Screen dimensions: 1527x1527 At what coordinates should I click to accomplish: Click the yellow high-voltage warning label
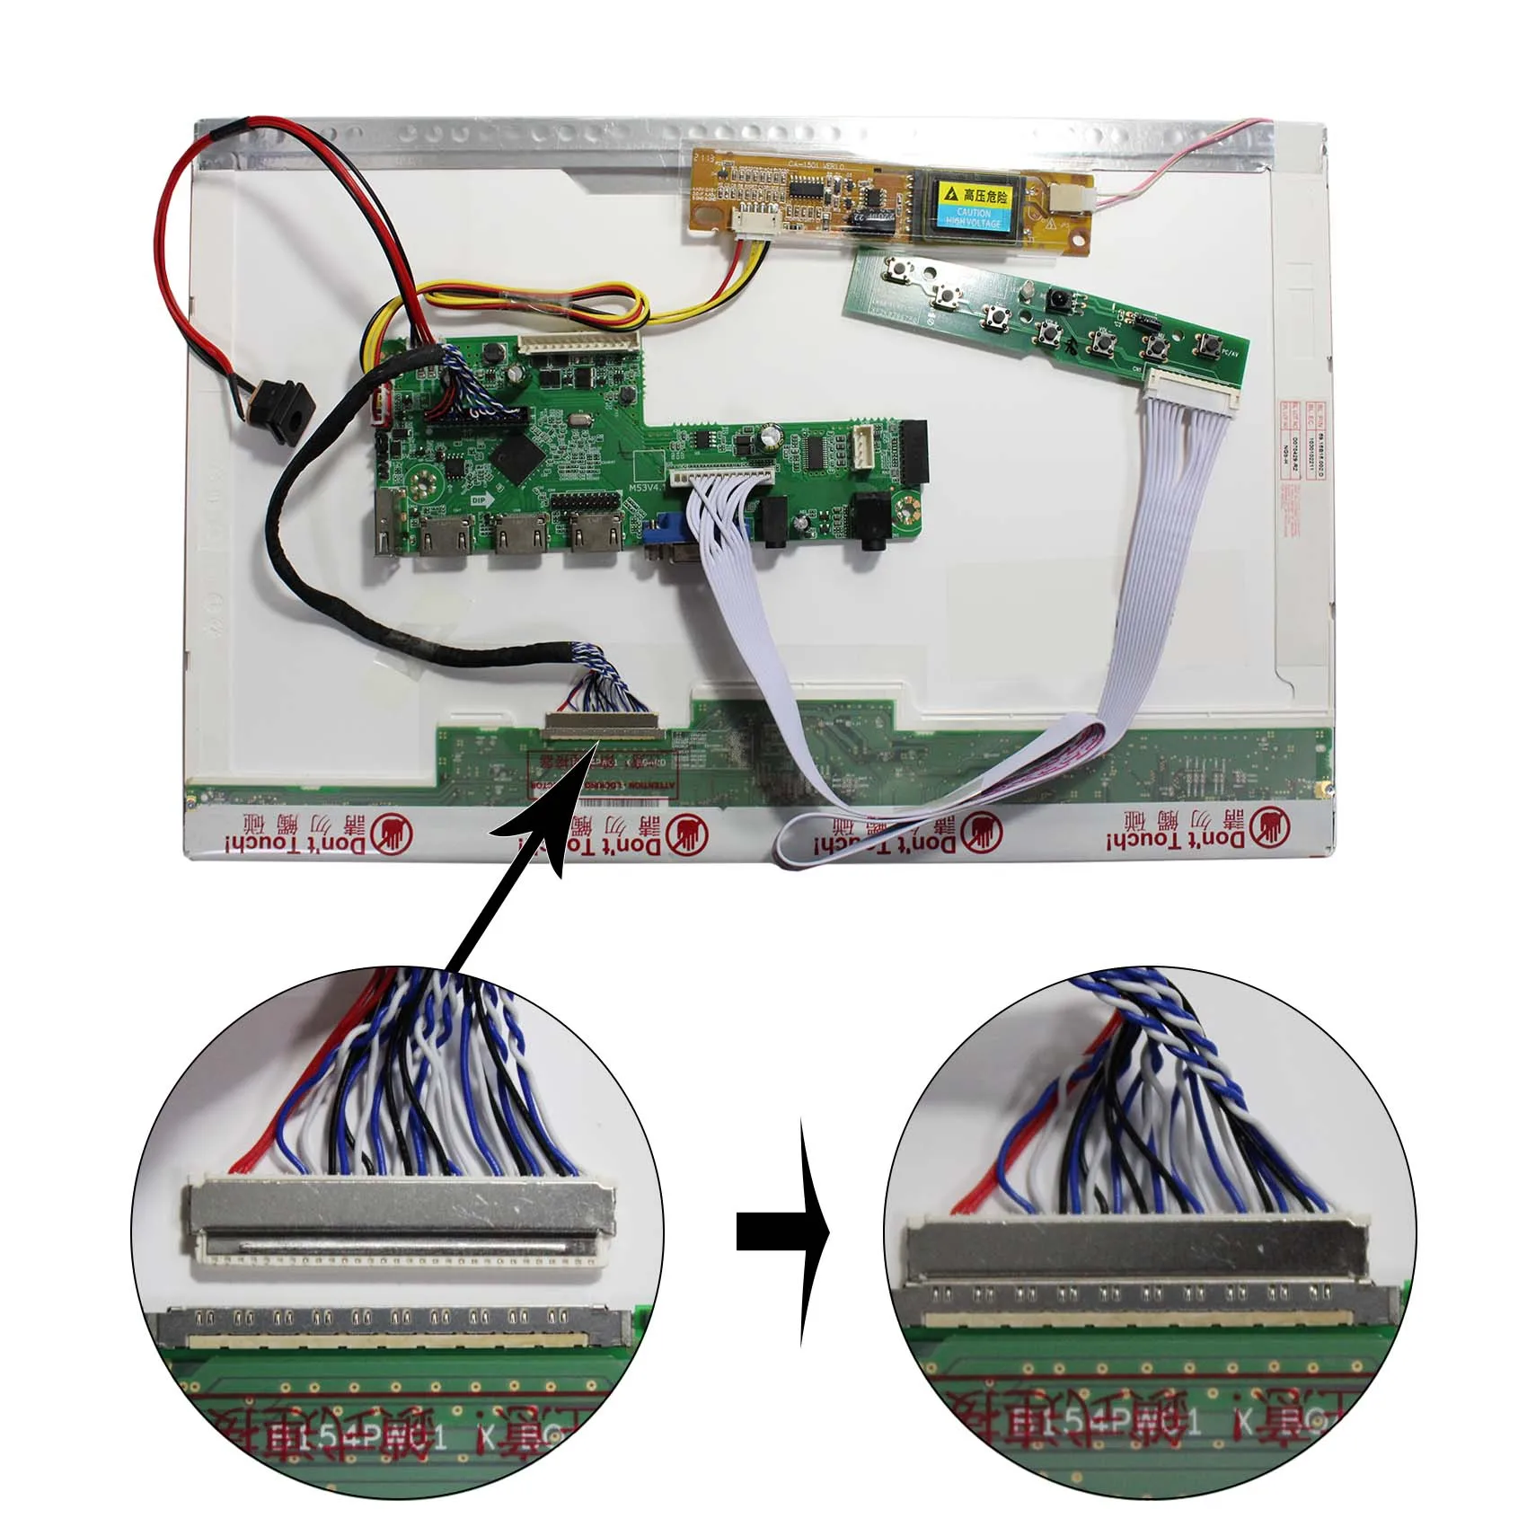973,205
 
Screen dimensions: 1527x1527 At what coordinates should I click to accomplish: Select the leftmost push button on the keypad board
896,269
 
